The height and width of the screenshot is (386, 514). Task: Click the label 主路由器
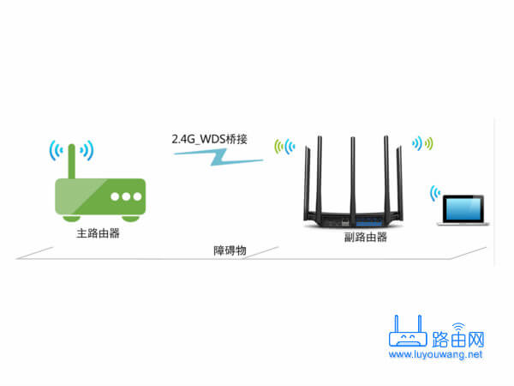91,232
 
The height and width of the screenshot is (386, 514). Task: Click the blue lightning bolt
212,156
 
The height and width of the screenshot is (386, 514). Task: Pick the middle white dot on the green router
127,196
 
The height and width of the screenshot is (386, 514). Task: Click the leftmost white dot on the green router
115,196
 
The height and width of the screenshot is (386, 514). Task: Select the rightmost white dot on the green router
138,196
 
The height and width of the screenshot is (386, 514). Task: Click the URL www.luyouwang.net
435,353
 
